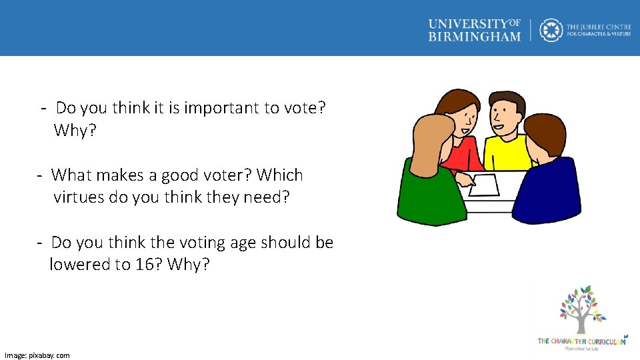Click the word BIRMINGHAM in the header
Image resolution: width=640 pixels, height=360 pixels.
click(474, 37)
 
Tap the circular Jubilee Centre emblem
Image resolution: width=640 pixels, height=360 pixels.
click(551, 30)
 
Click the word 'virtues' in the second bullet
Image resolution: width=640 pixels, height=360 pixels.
click(79, 197)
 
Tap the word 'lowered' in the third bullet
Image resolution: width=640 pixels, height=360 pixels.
click(79, 265)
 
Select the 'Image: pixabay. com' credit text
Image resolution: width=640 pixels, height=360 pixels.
click(37, 355)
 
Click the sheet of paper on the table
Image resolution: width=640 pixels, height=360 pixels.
click(484, 185)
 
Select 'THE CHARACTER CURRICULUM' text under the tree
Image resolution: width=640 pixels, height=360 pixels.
click(582, 341)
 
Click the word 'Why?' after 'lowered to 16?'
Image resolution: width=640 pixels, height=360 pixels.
click(189, 265)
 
